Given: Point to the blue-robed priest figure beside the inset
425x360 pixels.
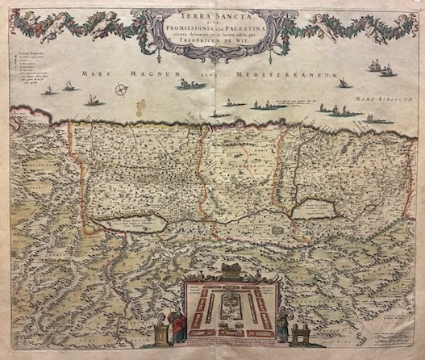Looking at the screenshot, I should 281,322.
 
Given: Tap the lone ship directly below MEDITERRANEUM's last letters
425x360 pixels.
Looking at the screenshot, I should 342,83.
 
